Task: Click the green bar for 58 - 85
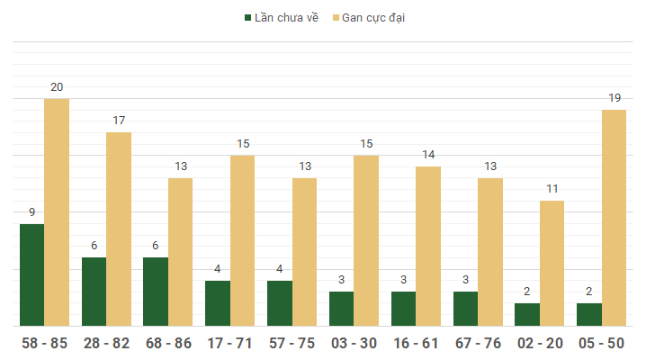(32, 274)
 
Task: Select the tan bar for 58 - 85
(57, 212)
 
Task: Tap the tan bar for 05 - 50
(614, 218)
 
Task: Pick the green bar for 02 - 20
(527, 314)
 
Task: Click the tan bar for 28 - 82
(119, 229)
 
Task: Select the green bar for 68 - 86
(156, 292)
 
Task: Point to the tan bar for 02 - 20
(552, 263)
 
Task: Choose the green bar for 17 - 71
(218, 303)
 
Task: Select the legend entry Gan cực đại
(369, 17)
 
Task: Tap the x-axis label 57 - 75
(292, 344)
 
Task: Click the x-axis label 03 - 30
(354, 344)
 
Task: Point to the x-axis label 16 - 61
(416, 344)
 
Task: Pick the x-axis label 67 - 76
(478, 344)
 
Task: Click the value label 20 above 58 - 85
(57, 87)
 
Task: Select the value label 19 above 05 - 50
(614, 98)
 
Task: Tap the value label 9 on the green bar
(32, 212)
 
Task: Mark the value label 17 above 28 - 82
(119, 121)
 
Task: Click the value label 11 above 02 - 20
(552, 189)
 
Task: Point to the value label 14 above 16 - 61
(428, 155)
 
